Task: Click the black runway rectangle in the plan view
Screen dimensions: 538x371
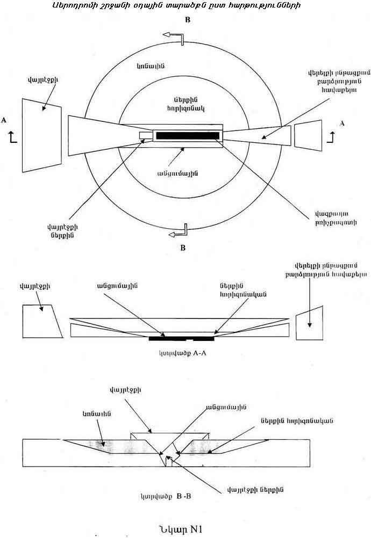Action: point(186,135)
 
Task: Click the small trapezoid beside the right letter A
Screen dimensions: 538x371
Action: point(308,135)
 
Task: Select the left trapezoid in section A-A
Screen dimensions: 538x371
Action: point(40,321)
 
